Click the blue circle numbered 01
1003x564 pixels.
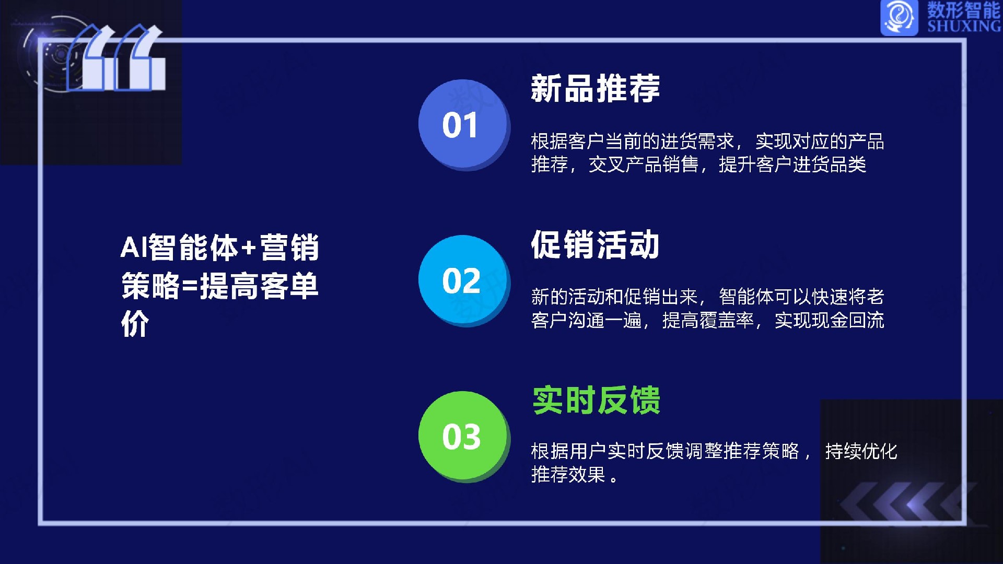point(463,124)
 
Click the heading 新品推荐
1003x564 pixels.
point(596,88)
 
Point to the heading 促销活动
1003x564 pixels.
point(596,244)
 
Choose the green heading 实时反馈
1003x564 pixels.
point(597,400)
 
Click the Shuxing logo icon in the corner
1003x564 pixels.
point(899,17)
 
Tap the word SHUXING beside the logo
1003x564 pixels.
point(964,26)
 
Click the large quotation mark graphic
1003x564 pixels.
point(116,57)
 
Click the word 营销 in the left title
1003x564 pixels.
point(289,248)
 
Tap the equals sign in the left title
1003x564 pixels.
point(190,287)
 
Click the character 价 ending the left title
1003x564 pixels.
point(135,324)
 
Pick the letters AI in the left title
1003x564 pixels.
point(134,248)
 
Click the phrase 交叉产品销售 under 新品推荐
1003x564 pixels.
point(644,164)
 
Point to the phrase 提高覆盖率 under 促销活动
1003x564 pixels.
point(708,320)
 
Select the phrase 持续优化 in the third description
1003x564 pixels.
point(861,451)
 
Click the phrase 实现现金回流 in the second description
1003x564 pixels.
point(830,320)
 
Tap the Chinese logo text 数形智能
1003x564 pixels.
point(964,10)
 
